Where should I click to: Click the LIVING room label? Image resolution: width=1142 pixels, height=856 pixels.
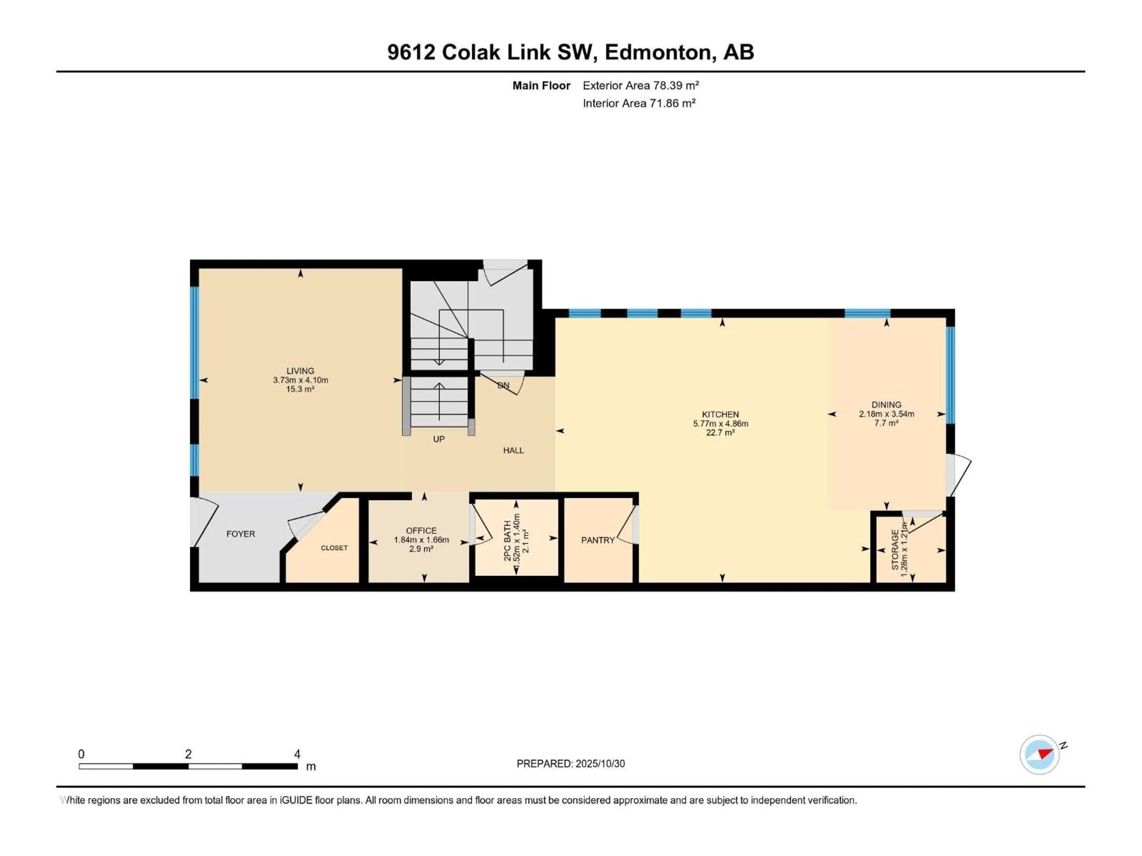(x=300, y=370)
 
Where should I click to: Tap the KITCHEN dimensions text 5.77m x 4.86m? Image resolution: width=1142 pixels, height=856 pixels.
(x=720, y=424)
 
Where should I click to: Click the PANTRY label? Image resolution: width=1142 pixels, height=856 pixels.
(x=598, y=540)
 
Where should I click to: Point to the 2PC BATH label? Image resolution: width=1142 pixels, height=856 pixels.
(x=507, y=541)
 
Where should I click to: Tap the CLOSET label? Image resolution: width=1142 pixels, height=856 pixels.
(x=334, y=548)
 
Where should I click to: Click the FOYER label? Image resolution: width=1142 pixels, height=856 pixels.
(x=241, y=534)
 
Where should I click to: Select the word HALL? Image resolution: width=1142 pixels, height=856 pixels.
(x=513, y=451)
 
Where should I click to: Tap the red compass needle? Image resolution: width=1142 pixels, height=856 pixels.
(x=1045, y=754)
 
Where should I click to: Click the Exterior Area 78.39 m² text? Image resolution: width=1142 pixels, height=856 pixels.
(x=640, y=86)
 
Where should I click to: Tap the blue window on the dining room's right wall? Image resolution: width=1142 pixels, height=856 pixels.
(x=950, y=375)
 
